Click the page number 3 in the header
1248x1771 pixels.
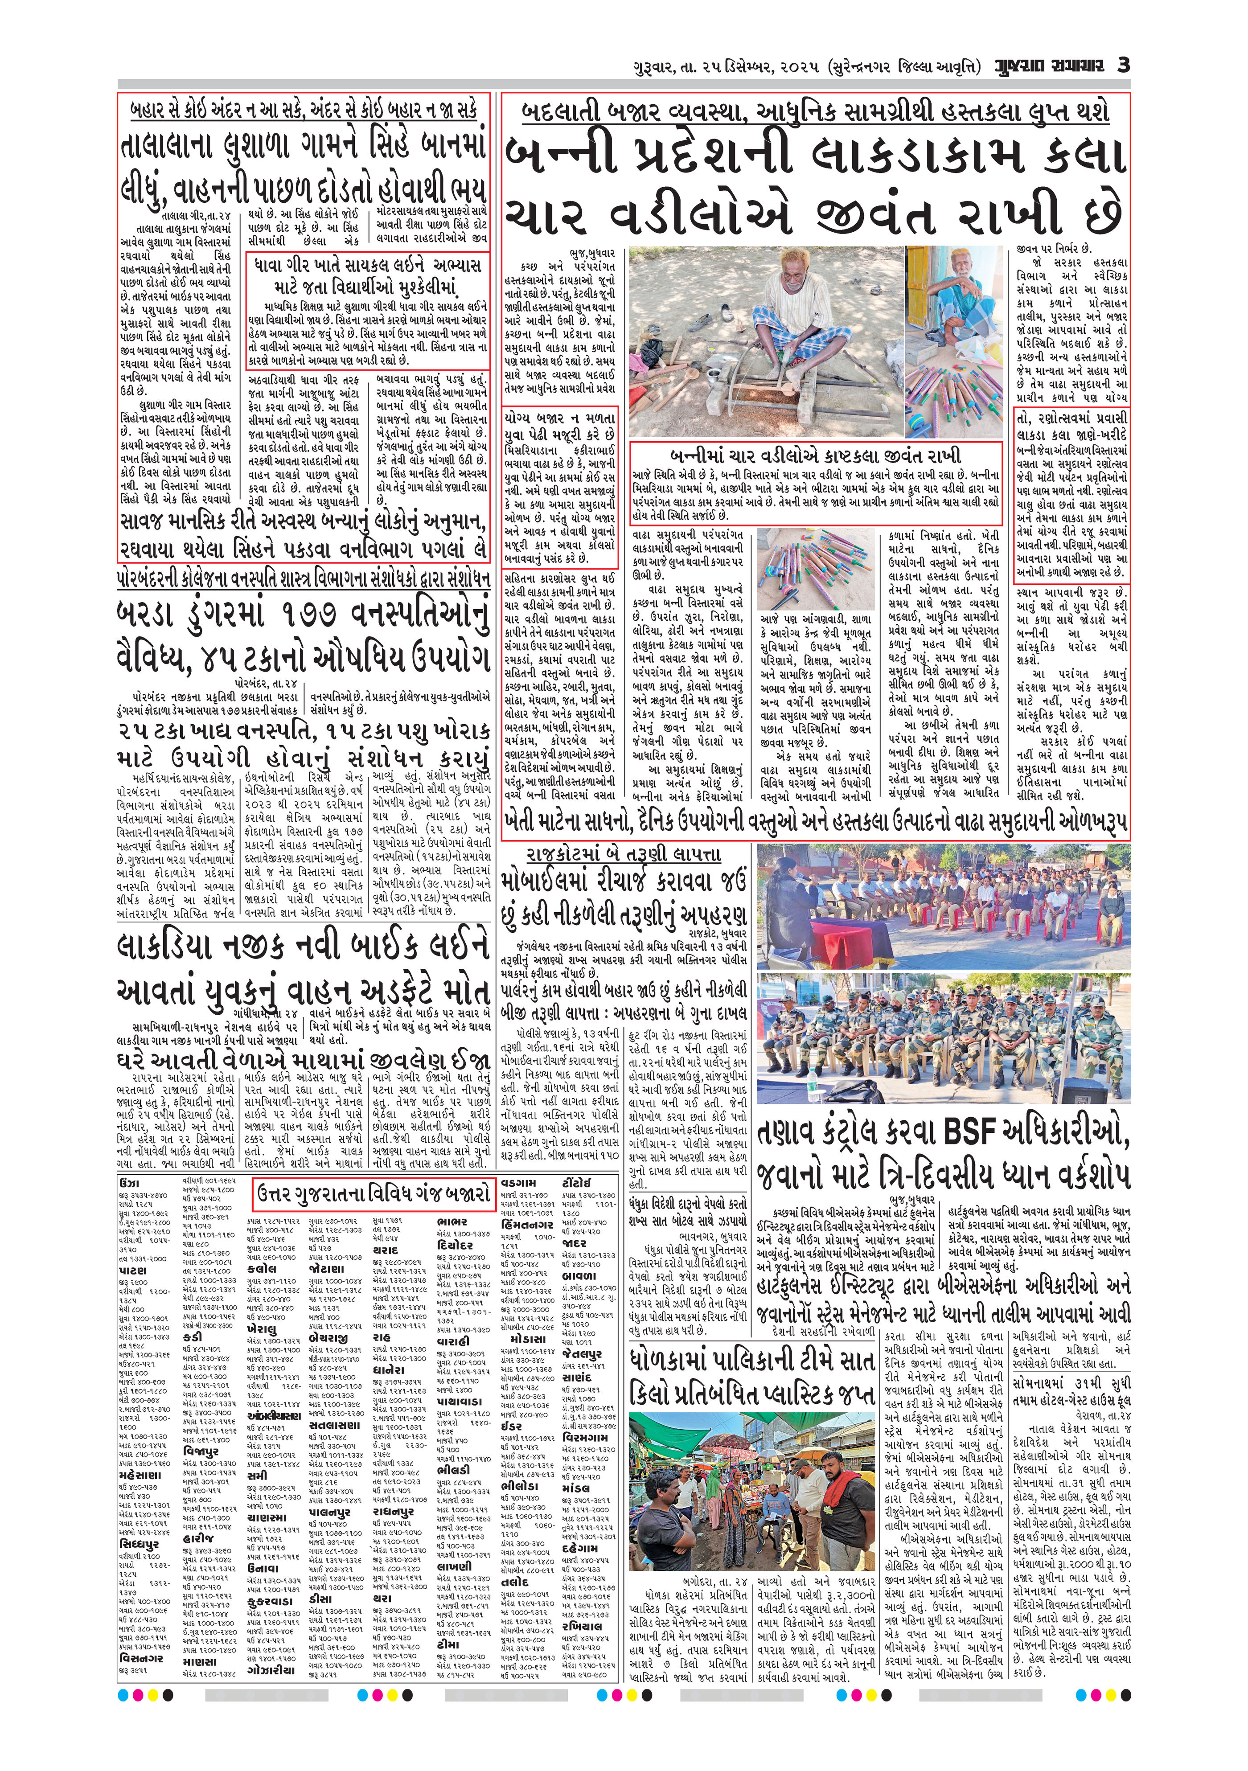(1124, 65)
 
